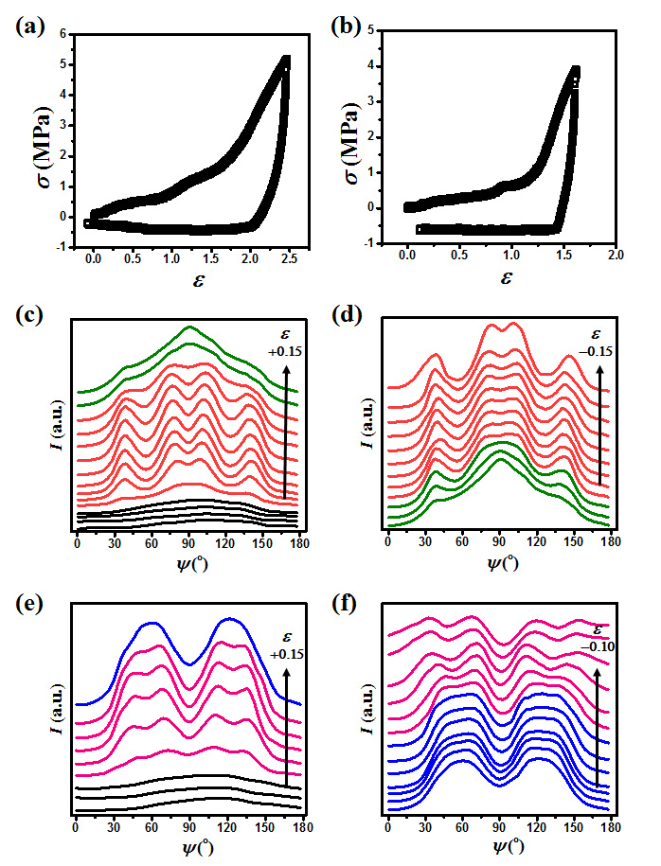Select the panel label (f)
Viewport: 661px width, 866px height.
[345, 599]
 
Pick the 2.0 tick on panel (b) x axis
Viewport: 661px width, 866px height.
[615, 256]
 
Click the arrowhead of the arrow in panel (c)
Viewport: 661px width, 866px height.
[285, 373]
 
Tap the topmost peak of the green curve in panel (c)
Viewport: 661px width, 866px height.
[189, 327]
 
